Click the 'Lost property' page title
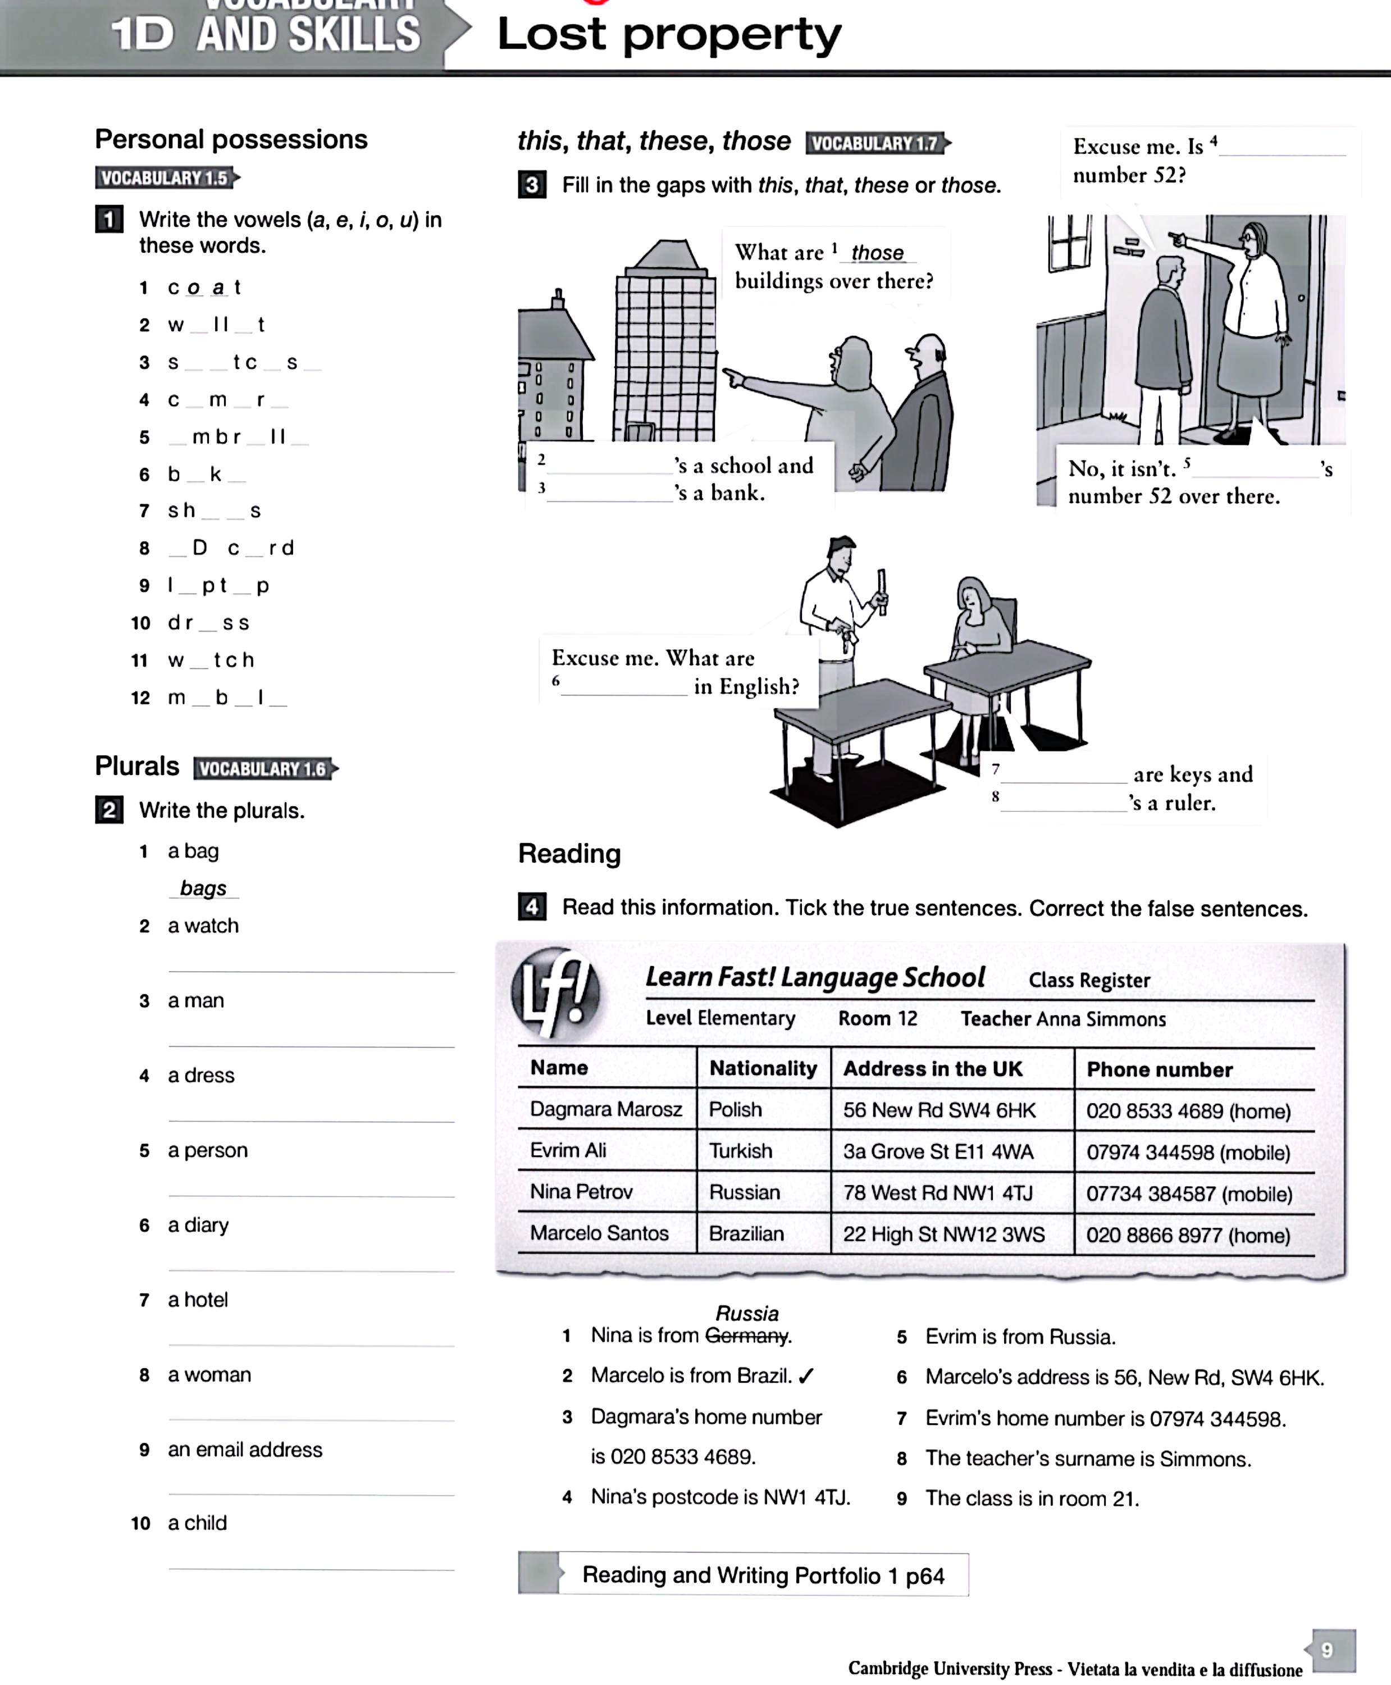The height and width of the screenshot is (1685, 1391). point(669,36)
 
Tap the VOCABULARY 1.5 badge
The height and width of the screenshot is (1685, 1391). point(165,178)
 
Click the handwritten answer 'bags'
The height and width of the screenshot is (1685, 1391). point(203,888)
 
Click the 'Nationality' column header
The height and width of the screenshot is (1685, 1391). point(762,1068)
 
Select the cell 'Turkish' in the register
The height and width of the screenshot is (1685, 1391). point(740,1151)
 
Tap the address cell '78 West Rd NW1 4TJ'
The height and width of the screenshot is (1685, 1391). point(937,1192)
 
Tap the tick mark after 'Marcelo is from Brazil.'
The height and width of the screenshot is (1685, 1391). point(806,1376)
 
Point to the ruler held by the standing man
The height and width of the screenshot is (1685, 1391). point(882,592)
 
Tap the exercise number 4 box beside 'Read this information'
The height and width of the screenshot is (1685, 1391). point(532,907)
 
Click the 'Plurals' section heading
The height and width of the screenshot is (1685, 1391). point(137,766)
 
